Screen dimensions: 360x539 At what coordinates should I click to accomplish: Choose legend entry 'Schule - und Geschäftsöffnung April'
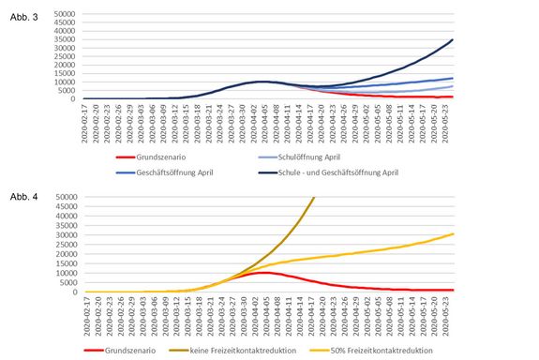(359, 172)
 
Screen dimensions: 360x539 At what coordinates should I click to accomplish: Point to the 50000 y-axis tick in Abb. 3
(65, 14)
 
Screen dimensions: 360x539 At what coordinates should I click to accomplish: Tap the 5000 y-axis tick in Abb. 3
(67, 90)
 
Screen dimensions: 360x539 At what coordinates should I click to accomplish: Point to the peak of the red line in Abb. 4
(267, 273)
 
